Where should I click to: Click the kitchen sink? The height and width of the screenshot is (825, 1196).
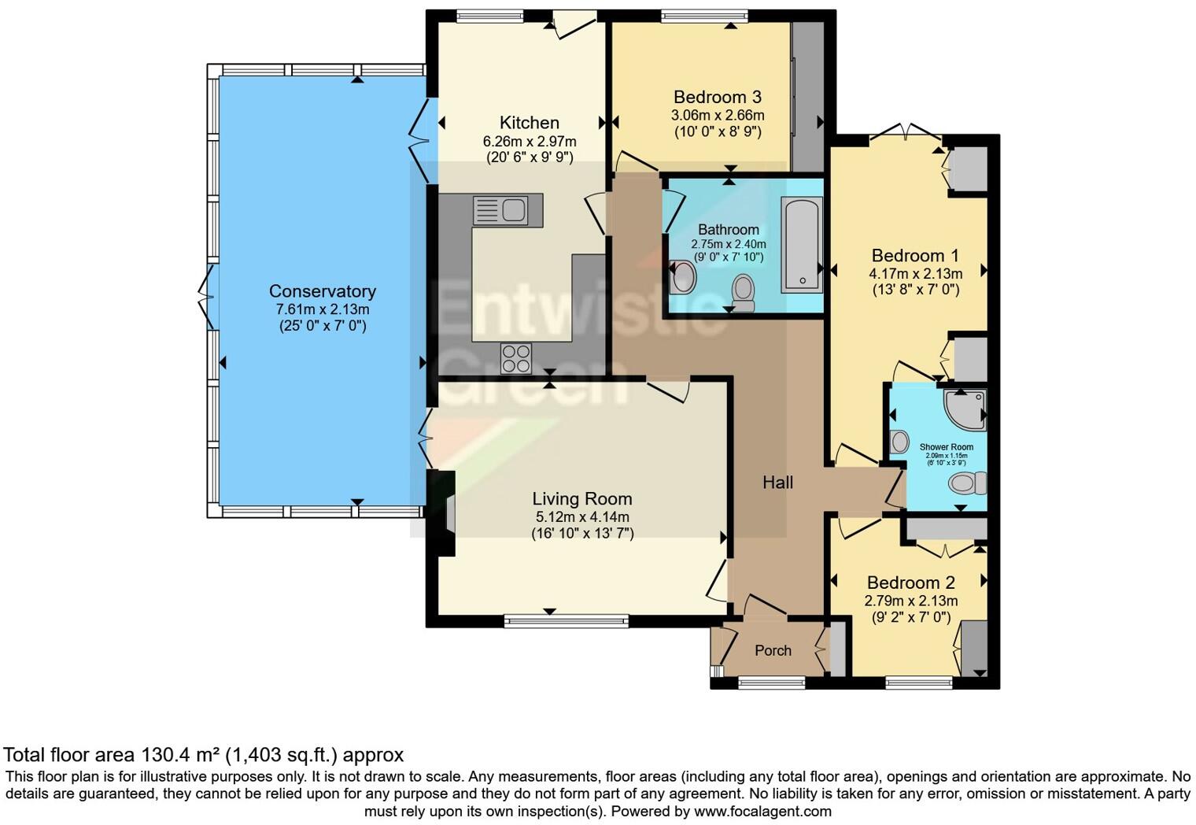click(x=500, y=210)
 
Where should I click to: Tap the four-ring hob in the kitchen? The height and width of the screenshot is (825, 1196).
click(x=516, y=358)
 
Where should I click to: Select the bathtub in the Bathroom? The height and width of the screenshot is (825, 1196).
click(x=801, y=245)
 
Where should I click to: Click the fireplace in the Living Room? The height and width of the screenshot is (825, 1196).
click(x=446, y=513)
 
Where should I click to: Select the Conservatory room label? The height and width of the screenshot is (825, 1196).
click(x=322, y=291)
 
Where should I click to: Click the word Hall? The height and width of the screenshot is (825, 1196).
click(x=777, y=483)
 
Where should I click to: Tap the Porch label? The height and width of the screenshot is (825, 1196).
click(x=773, y=650)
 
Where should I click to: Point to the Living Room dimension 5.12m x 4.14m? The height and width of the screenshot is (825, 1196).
click(x=581, y=517)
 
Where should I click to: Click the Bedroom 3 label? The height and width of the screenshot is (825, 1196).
click(x=717, y=97)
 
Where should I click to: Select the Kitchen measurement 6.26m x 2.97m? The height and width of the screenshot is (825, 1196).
click(x=529, y=142)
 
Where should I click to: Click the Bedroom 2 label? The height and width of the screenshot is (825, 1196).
click(x=910, y=583)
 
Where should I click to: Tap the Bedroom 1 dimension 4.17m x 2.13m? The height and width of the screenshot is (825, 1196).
click(x=915, y=274)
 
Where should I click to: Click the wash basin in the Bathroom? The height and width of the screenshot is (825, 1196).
click(x=683, y=277)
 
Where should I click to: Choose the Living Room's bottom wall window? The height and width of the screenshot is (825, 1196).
click(x=566, y=621)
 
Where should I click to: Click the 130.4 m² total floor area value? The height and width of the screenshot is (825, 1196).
click(x=180, y=755)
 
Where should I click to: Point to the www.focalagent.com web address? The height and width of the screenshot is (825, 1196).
click(x=762, y=811)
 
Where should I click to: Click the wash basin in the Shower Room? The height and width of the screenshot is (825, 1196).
click(x=899, y=442)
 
